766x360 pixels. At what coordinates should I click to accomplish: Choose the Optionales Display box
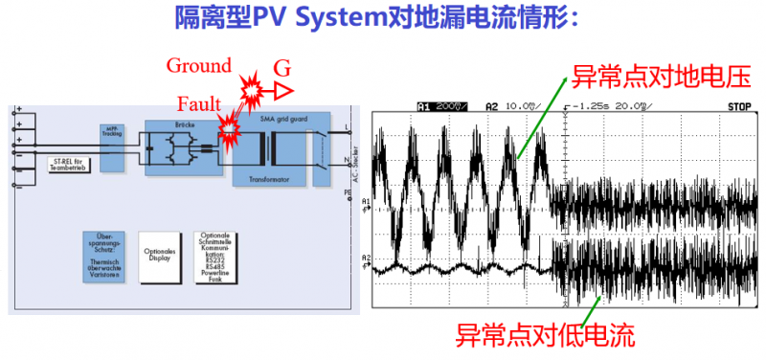point(162,256)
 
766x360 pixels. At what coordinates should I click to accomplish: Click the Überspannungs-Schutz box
point(103,256)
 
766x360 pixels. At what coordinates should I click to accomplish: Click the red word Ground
point(199,66)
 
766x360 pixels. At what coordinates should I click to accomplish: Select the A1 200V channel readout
point(441,105)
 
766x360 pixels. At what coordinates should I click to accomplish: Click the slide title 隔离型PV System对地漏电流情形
point(383,18)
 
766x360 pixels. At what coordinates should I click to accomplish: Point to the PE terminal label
point(348,191)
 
